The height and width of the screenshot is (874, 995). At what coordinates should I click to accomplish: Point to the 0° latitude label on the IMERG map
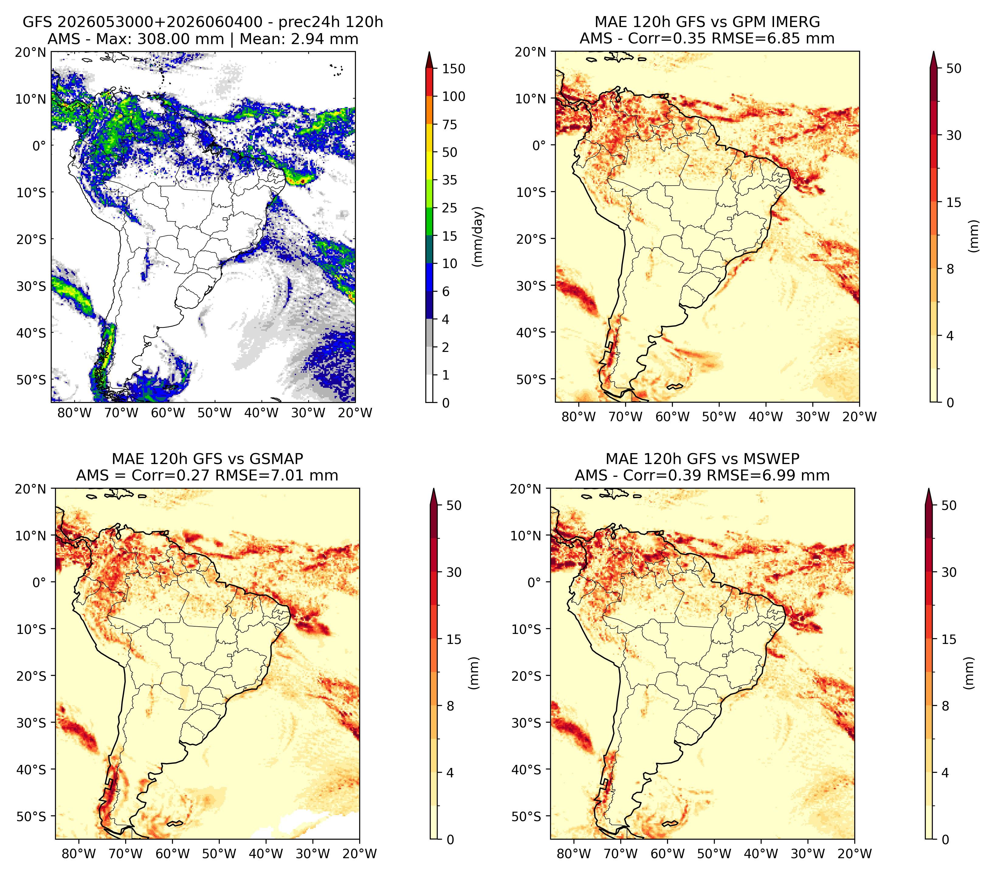(x=539, y=145)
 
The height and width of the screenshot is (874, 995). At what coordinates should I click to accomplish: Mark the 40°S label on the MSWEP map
(x=527, y=769)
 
